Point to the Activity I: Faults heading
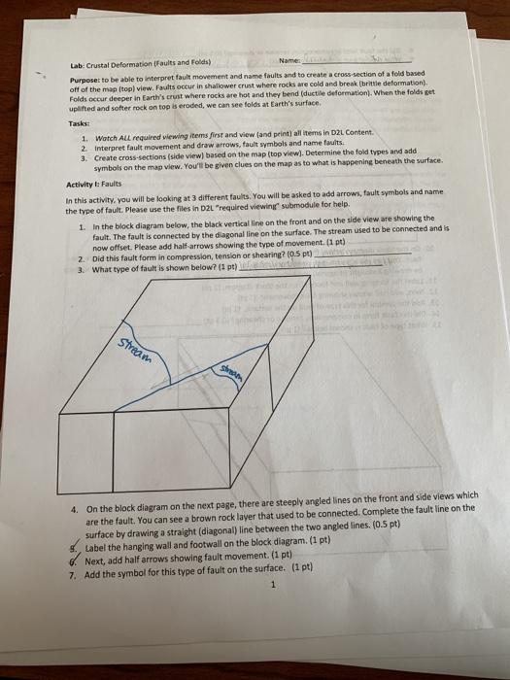[94, 185]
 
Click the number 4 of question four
[79, 494]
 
